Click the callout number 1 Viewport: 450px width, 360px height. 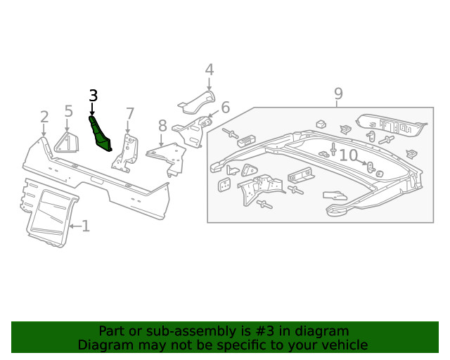86,226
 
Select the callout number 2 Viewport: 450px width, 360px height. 44,117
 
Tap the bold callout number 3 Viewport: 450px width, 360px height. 93,96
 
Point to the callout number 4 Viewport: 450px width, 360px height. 209,70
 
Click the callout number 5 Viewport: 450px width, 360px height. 68,110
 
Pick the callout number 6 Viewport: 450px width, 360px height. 225,108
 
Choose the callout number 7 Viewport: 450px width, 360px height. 129,114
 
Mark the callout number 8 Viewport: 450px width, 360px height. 162,126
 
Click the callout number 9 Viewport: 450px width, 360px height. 338,93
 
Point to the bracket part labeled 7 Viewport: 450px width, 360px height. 126,153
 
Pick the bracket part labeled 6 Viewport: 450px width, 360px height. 193,132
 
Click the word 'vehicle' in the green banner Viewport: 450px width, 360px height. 343,345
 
